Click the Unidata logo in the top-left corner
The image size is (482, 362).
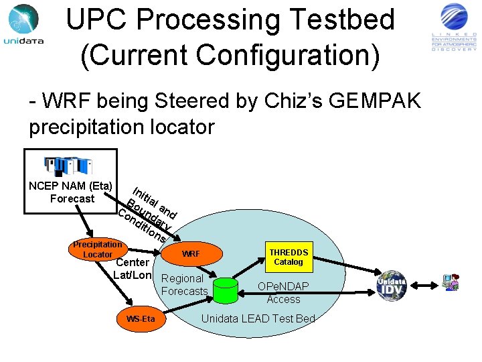(23, 24)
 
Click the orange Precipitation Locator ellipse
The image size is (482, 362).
(98, 249)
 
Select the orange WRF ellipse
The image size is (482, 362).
(191, 254)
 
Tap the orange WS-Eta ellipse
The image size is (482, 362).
(141, 318)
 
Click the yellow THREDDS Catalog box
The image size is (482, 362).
(289, 257)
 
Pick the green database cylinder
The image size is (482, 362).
(224, 289)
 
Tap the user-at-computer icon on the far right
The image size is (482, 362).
(450, 282)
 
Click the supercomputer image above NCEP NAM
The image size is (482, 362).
(67, 166)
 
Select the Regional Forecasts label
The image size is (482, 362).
(184, 284)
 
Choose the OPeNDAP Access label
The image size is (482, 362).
(283, 293)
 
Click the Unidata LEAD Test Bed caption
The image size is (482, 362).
(258, 318)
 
